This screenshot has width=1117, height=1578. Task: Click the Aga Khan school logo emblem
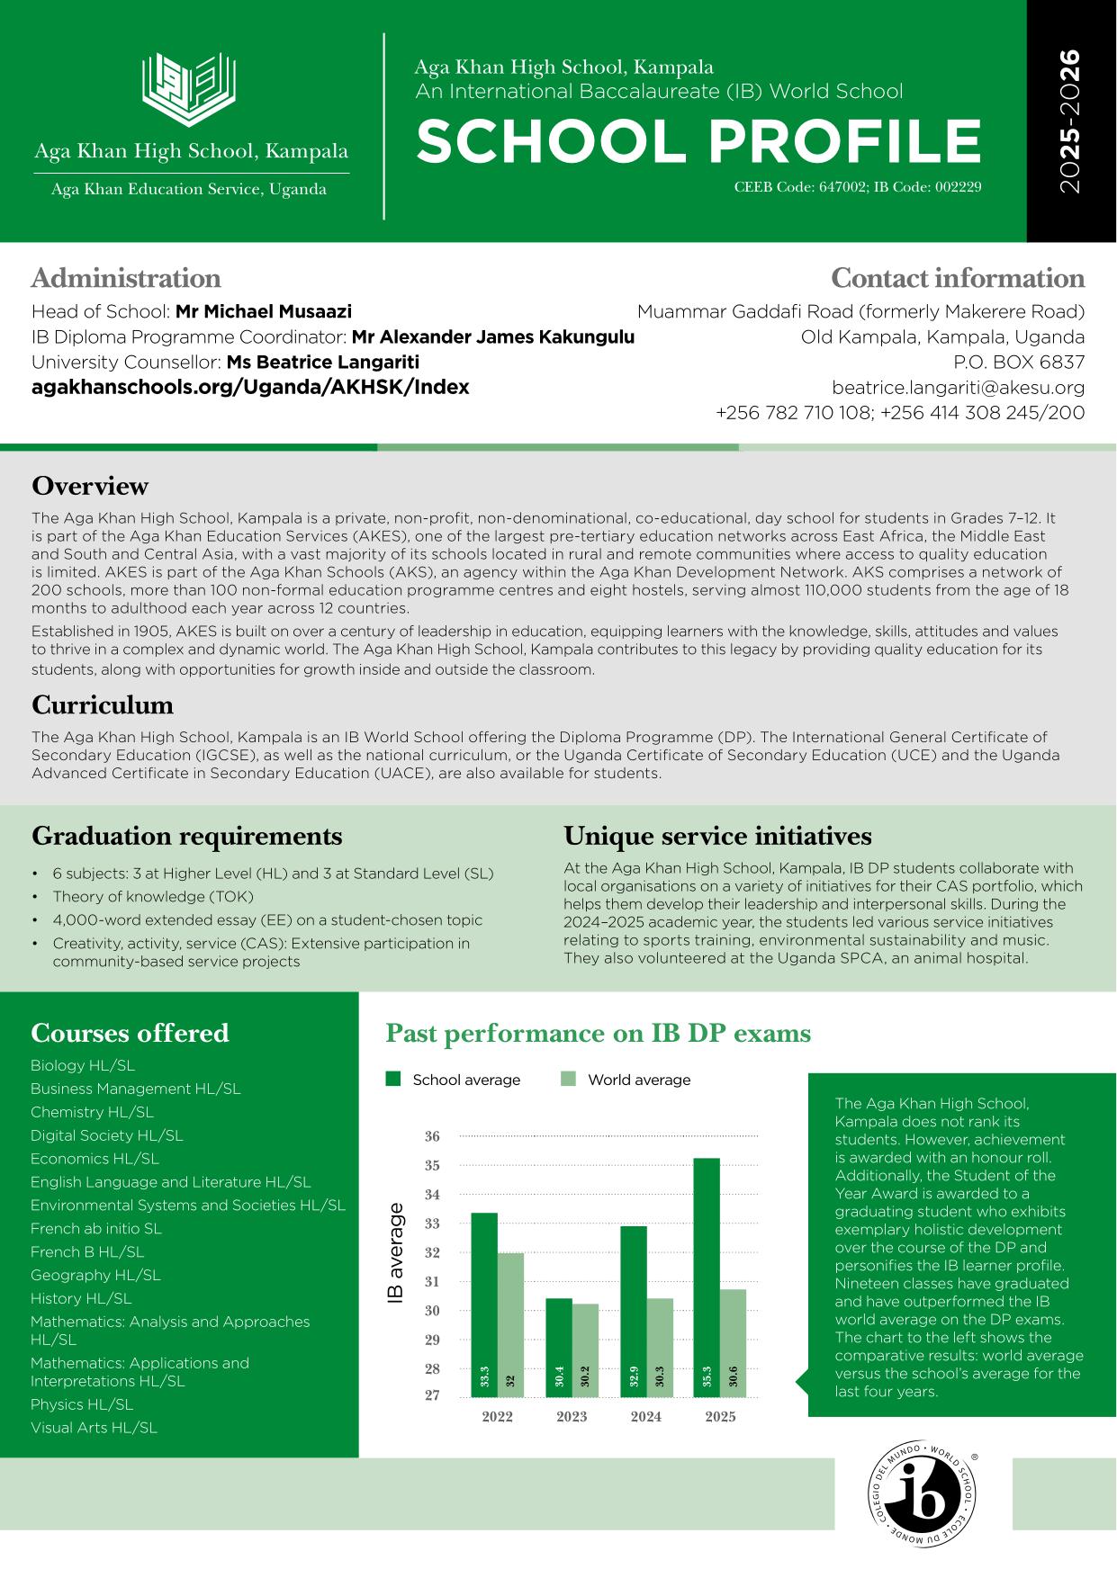pos(190,88)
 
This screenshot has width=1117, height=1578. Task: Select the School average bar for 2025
pos(707,1278)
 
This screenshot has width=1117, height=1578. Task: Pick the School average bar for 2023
pos(558,1347)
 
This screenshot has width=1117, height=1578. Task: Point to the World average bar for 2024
pos(659,1347)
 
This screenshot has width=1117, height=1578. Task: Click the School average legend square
pos(392,1080)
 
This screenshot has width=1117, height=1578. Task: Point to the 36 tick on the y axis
pos(432,1136)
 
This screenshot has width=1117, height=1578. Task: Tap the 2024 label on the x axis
pos(645,1417)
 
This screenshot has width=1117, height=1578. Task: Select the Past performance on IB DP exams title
pos(598,1033)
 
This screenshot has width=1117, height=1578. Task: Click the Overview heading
pos(90,486)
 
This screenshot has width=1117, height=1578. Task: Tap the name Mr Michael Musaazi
pos(263,311)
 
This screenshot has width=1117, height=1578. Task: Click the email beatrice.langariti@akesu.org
pos(958,388)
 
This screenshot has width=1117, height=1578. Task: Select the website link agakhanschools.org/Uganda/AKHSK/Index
pos(250,387)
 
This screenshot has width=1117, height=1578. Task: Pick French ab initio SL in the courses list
pos(96,1228)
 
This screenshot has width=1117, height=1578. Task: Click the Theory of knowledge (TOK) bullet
pos(153,896)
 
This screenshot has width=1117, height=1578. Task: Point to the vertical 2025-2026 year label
pos(1069,121)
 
